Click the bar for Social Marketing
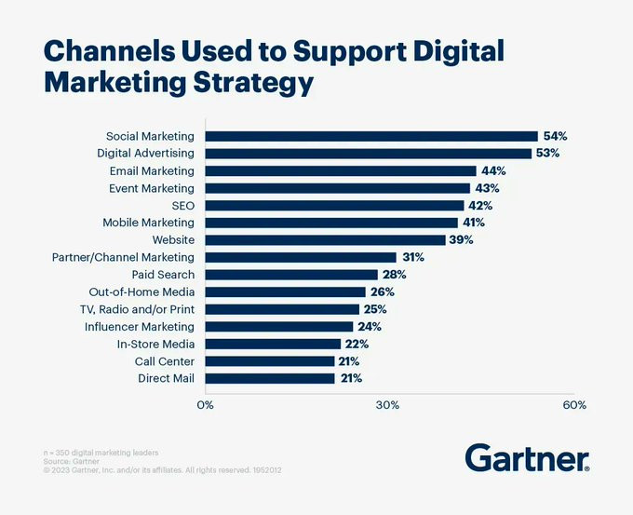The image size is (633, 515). click(x=371, y=136)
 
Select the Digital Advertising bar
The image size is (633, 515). click(x=368, y=153)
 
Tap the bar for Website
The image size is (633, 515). click(x=325, y=239)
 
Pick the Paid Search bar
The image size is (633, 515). click(x=291, y=275)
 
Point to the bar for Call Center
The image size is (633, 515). click(x=270, y=361)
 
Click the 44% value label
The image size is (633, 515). click(x=493, y=170)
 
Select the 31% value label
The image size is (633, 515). click(x=413, y=257)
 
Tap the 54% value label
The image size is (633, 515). click(x=555, y=136)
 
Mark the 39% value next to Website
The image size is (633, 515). click(x=462, y=239)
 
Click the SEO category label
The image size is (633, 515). click(x=183, y=205)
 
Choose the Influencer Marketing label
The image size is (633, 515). click(x=140, y=327)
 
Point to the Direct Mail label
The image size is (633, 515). click(x=166, y=379)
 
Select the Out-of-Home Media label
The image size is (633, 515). click(x=141, y=291)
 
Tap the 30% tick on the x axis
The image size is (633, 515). click(x=387, y=405)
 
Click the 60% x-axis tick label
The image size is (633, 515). click(x=574, y=405)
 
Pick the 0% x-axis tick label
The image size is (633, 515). click(x=205, y=405)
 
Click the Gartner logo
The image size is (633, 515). click(x=527, y=457)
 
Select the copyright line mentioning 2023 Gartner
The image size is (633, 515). click(x=163, y=470)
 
